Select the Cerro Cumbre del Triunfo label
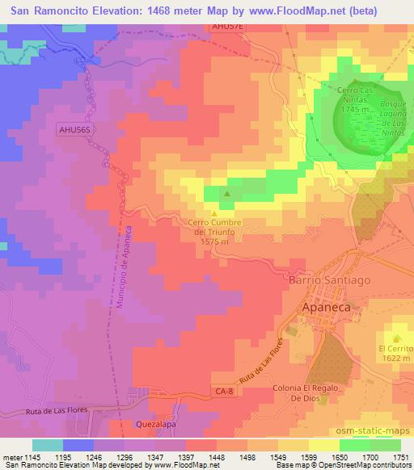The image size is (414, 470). (x=214, y=230)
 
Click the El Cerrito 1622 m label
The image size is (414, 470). (x=395, y=354)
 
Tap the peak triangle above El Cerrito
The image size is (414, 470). (x=396, y=338)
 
